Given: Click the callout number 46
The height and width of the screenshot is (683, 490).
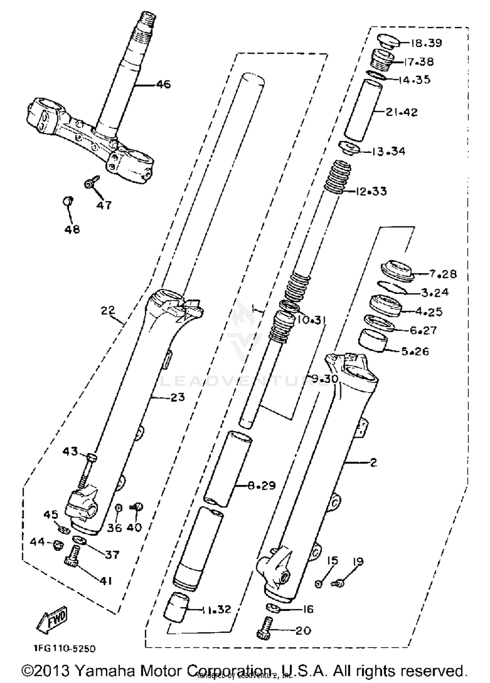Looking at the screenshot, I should tap(163, 85).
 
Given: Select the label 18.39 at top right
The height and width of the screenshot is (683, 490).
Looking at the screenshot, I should tap(426, 43).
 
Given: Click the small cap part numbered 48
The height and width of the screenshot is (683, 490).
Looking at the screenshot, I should tap(68, 201).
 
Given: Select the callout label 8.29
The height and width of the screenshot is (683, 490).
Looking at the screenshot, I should tap(261, 485).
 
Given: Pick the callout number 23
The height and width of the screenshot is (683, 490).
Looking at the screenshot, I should tap(177, 397).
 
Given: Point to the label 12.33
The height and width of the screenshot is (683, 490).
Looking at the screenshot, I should tap(370, 191).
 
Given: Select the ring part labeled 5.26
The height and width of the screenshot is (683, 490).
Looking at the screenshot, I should tap(373, 341).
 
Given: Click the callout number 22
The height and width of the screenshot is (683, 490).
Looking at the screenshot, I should tap(108, 310).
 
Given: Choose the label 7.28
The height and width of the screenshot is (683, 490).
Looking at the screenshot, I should tap(442, 274).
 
